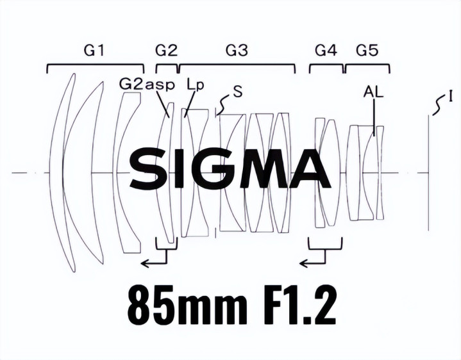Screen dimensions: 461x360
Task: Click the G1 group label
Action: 94,51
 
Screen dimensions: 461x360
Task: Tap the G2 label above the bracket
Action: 167,51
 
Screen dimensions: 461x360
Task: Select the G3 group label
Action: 237,51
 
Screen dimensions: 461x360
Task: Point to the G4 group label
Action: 326,51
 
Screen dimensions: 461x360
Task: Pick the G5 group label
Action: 367,51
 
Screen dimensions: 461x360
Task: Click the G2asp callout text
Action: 147,85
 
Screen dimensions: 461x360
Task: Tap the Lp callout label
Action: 195,85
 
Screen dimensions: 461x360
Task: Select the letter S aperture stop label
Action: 238,92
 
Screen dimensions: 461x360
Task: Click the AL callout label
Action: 373,92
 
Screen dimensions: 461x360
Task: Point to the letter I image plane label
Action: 450,96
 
